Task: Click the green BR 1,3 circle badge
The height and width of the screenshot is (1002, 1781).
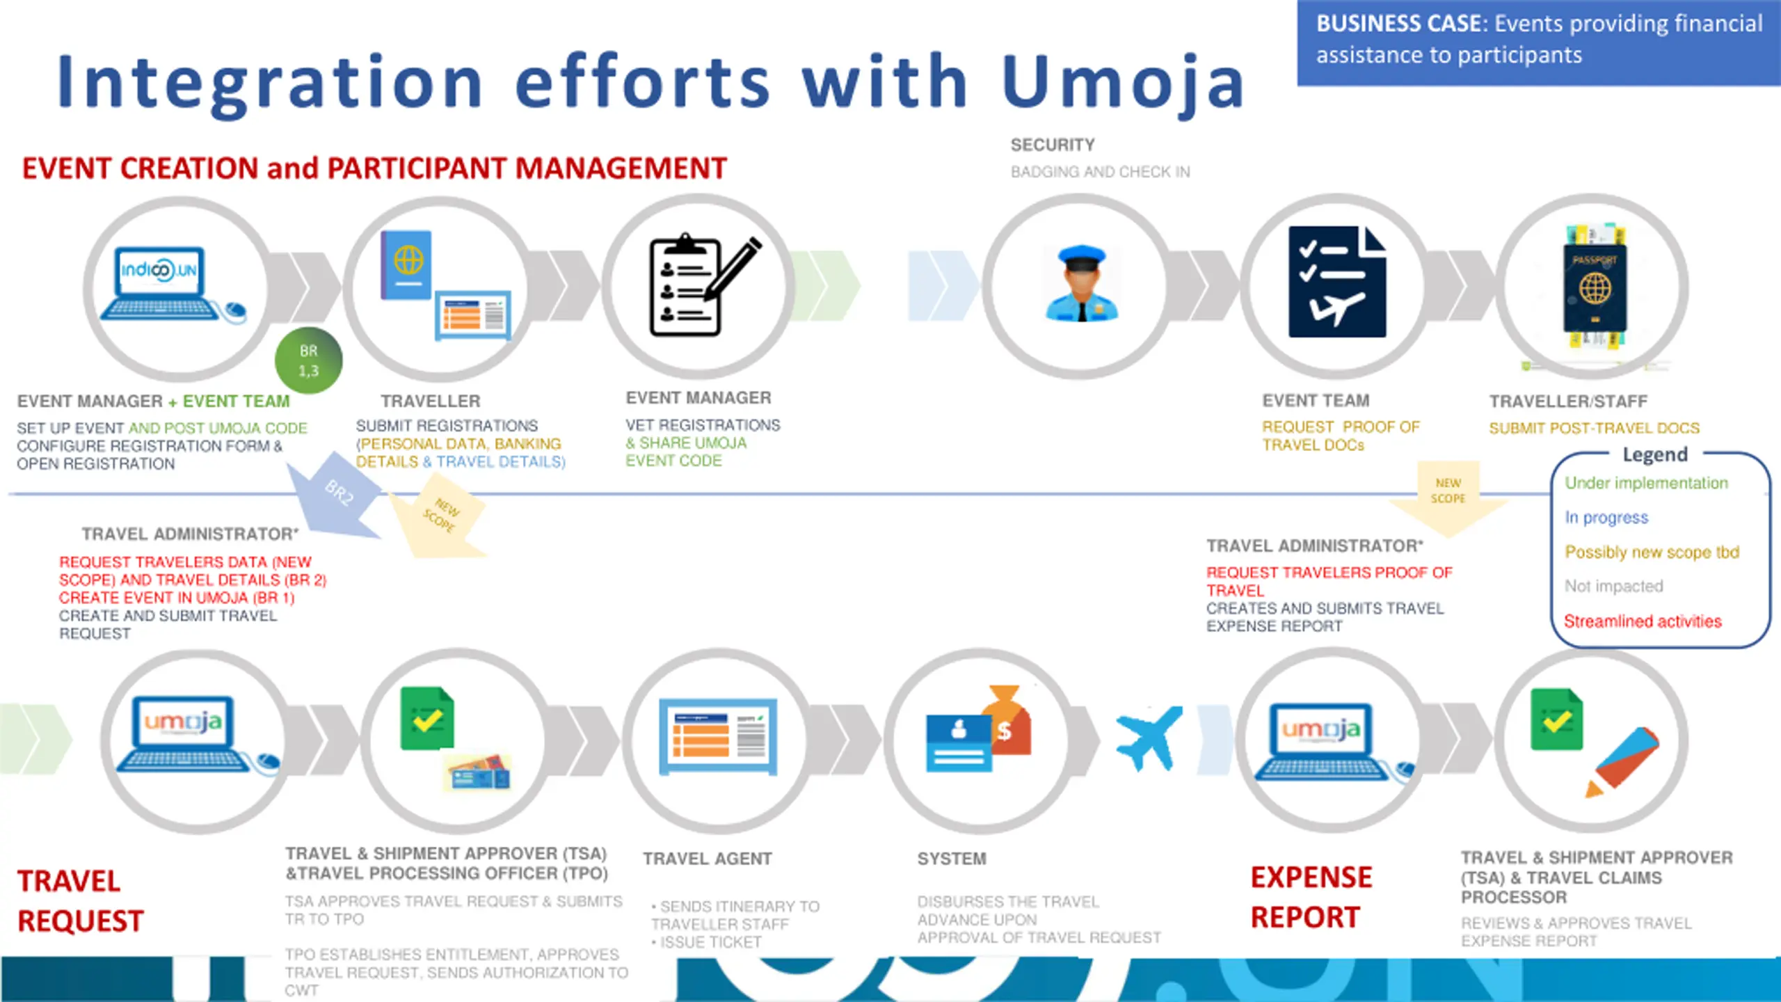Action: tap(308, 360)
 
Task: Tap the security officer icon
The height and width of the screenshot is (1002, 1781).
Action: tap(1081, 284)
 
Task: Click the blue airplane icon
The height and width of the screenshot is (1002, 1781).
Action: tap(1148, 738)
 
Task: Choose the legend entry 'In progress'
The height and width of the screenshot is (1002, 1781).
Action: tap(1606, 518)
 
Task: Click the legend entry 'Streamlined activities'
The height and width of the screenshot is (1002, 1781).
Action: tap(1643, 621)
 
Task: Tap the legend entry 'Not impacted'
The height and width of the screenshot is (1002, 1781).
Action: tap(1613, 587)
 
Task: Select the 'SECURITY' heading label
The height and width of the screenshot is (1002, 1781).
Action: tap(1052, 145)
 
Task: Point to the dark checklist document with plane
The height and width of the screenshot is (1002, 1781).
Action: tap(1336, 282)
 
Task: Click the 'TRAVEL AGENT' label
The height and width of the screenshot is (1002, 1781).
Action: tap(707, 859)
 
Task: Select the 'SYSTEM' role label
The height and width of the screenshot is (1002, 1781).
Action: tap(951, 859)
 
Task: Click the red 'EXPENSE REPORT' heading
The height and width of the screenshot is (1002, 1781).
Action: tap(1311, 898)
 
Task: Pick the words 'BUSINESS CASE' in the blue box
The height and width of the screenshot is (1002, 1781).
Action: tap(1398, 24)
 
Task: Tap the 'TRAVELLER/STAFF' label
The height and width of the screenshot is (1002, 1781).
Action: tap(1568, 401)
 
